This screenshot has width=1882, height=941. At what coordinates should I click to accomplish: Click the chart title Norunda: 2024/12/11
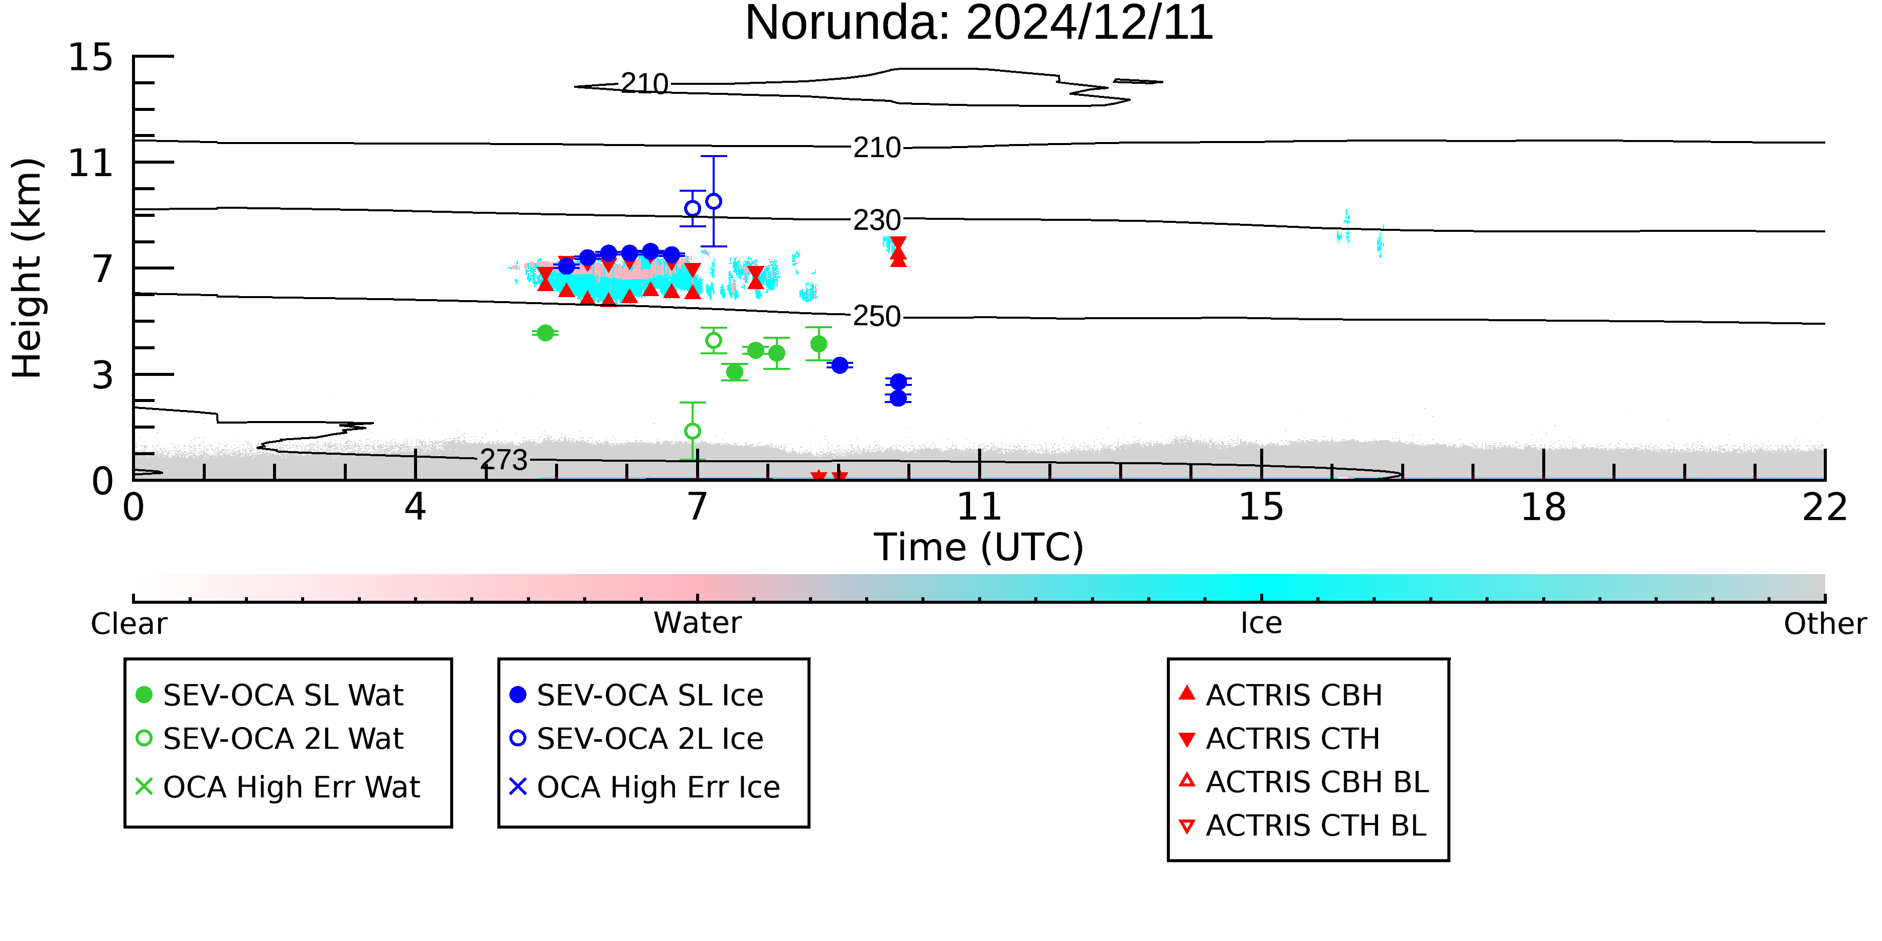click(979, 24)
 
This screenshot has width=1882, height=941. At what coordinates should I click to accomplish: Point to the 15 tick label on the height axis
click(91, 57)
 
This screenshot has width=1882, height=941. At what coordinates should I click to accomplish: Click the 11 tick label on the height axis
click(91, 163)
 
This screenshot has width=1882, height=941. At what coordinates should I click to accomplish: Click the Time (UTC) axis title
click(979, 547)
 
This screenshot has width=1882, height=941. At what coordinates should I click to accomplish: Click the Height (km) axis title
click(27, 268)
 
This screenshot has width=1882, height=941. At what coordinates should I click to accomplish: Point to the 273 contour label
click(503, 460)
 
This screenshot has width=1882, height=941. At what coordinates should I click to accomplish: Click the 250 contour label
click(877, 316)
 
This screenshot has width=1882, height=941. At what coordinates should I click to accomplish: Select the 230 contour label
click(877, 220)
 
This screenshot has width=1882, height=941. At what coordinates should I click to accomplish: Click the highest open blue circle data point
click(714, 201)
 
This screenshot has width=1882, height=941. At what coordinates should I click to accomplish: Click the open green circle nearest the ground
click(693, 431)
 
